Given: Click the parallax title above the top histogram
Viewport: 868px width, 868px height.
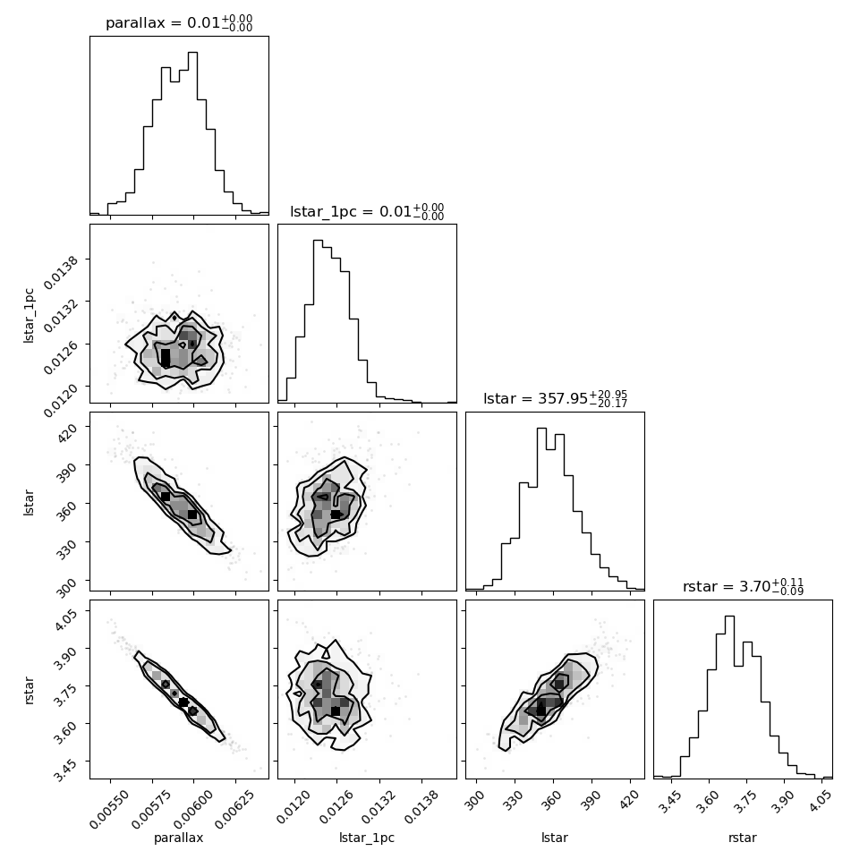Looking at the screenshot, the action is [179, 22].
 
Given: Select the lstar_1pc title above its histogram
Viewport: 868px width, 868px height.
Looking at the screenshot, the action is [367, 211].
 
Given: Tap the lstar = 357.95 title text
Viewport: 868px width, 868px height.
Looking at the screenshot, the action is [555, 398].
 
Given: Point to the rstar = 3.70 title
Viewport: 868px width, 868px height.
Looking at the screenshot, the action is [743, 586].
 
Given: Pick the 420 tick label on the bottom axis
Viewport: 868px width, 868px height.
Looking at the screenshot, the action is [629, 800].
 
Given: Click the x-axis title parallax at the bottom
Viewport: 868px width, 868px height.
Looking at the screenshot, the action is [179, 838].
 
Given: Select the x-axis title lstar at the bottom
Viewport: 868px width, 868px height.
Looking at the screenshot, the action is [555, 837].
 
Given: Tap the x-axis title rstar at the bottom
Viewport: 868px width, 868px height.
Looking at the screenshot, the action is [743, 837].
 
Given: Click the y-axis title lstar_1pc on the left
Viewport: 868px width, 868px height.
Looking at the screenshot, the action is [29, 316].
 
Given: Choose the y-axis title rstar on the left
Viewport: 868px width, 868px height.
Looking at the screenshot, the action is [29, 690].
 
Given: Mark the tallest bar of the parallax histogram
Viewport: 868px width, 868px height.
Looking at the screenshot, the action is [192, 132].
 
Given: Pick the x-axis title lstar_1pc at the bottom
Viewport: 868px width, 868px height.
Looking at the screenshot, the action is [367, 838].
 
